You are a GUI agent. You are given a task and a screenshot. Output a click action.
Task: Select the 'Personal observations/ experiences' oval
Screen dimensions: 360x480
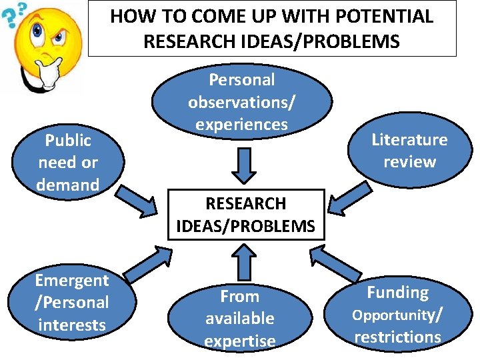click(241, 101)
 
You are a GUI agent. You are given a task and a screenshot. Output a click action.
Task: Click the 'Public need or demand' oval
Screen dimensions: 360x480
click(68, 162)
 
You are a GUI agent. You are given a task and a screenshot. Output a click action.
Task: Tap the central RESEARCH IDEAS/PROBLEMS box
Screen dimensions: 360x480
click(245, 214)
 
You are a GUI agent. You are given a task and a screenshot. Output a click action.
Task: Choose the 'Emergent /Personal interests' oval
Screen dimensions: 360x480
click(71, 302)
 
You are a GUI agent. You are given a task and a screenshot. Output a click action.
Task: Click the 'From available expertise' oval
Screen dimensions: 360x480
click(239, 318)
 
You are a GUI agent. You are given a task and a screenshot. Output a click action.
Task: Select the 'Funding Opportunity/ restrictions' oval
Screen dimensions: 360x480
click(398, 314)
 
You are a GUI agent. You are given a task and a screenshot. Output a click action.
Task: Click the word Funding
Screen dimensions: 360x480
click(397, 293)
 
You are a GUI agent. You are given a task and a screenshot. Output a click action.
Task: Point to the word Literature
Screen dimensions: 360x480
click(409, 140)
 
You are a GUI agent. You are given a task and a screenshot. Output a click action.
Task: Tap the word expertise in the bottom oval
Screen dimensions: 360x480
click(239, 341)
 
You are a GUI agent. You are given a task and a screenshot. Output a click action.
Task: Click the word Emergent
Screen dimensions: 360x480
click(71, 280)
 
